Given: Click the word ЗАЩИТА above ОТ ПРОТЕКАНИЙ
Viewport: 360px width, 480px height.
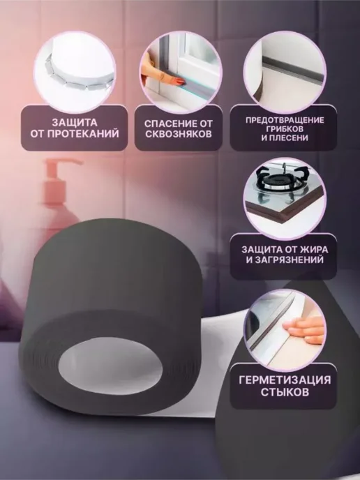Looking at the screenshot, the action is [x=75, y=123].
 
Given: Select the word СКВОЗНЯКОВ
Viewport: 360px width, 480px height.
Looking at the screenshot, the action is [x=179, y=134].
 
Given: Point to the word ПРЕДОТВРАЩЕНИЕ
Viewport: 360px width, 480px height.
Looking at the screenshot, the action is [x=285, y=120].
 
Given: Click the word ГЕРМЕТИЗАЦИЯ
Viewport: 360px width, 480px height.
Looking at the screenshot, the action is [x=285, y=380].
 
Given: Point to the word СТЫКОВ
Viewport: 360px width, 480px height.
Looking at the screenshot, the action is [x=285, y=392].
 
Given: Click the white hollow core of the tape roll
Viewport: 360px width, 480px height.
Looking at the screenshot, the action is [x=110, y=366].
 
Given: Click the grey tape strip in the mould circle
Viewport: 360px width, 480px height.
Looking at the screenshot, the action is [x=292, y=70].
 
